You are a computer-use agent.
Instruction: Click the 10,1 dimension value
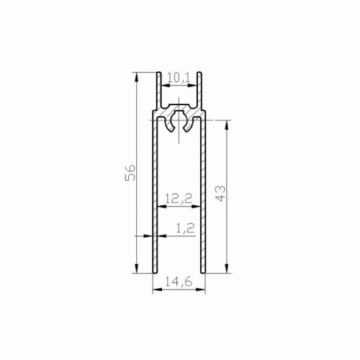tap(179, 78)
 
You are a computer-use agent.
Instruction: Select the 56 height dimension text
tap(131, 173)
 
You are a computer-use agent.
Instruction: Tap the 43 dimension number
tap(220, 194)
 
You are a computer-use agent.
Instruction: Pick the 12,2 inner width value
tap(179, 199)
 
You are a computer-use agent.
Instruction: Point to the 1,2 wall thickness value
tap(185, 228)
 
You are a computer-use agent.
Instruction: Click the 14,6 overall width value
tap(179, 282)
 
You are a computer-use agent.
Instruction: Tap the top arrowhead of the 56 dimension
tap(136, 77)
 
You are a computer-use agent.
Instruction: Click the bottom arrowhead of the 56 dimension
tap(136, 269)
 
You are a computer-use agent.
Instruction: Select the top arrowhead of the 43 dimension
tap(226, 125)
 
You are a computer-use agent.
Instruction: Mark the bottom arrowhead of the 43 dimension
tap(226, 269)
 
